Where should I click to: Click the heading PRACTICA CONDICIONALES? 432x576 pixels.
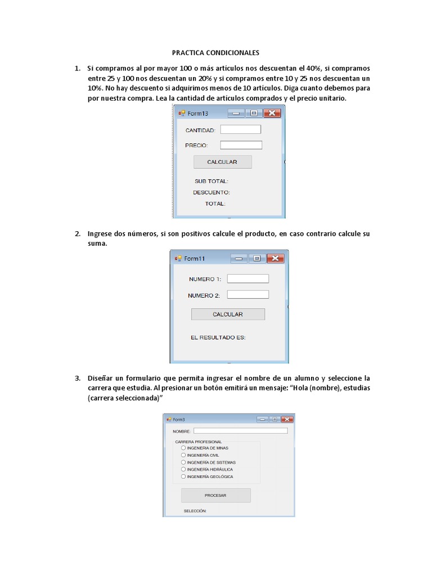point(215,52)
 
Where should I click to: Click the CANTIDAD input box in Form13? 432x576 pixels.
point(241,129)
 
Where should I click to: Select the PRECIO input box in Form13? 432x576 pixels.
point(241,145)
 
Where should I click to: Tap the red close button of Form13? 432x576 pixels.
point(272,113)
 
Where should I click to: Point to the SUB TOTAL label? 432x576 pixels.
point(211,181)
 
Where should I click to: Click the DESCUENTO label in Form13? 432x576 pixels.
point(211,192)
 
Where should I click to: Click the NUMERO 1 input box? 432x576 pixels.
point(248,278)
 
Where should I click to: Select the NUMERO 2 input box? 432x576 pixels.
point(248,294)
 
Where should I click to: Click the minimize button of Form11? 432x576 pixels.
point(239,258)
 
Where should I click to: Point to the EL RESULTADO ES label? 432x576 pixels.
point(218,337)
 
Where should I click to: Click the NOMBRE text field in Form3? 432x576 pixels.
point(240,431)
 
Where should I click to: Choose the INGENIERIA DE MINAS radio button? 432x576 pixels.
point(183,448)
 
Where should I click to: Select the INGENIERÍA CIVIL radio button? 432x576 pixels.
point(183,455)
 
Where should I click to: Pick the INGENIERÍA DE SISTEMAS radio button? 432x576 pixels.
point(183,462)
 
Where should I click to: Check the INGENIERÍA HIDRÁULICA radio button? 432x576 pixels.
point(183,469)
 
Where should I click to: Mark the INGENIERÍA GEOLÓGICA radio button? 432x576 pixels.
point(183,476)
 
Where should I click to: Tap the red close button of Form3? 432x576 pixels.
point(287,419)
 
